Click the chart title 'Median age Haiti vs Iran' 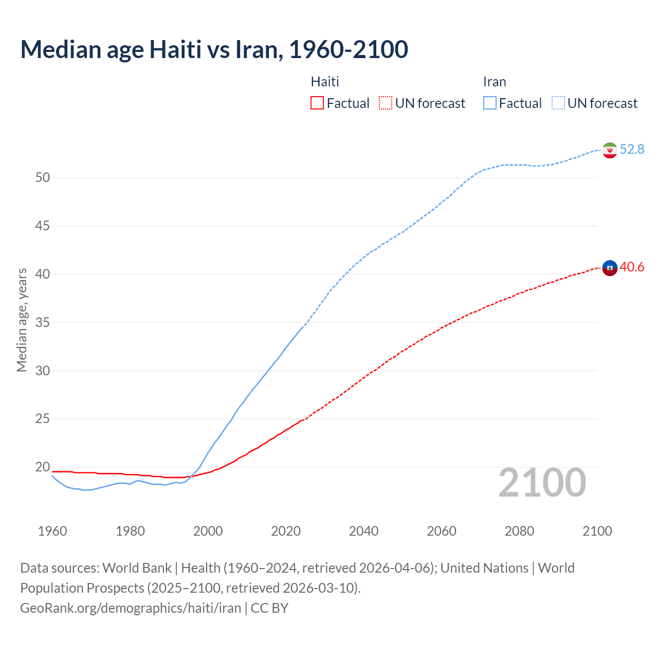click(x=214, y=49)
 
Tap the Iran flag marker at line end click(x=610, y=150)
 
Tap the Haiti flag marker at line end click(x=610, y=268)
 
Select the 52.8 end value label click(x=632, y=149)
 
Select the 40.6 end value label click(x=632, y=267)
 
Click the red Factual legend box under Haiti click(x=317, y=103)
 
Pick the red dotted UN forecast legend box click(x=386, y=103)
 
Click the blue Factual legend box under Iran click(x=490, y=103)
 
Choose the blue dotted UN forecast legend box click(x=558, y=103)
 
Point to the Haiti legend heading click(x=325, y=82)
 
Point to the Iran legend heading click(x=495, y=82)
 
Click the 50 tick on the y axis click(x=43, y=178)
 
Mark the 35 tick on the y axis click(x=43, y=323)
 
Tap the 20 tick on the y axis click(x=43, y=467)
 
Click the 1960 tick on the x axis click(x=52, y=531)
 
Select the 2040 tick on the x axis click(x=363, y=531)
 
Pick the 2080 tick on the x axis click(x=519, y=531)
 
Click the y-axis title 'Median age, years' click(x=22, y=320)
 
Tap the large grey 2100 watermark click(x=542, y=483)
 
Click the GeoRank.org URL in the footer click(x=131, y=608)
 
